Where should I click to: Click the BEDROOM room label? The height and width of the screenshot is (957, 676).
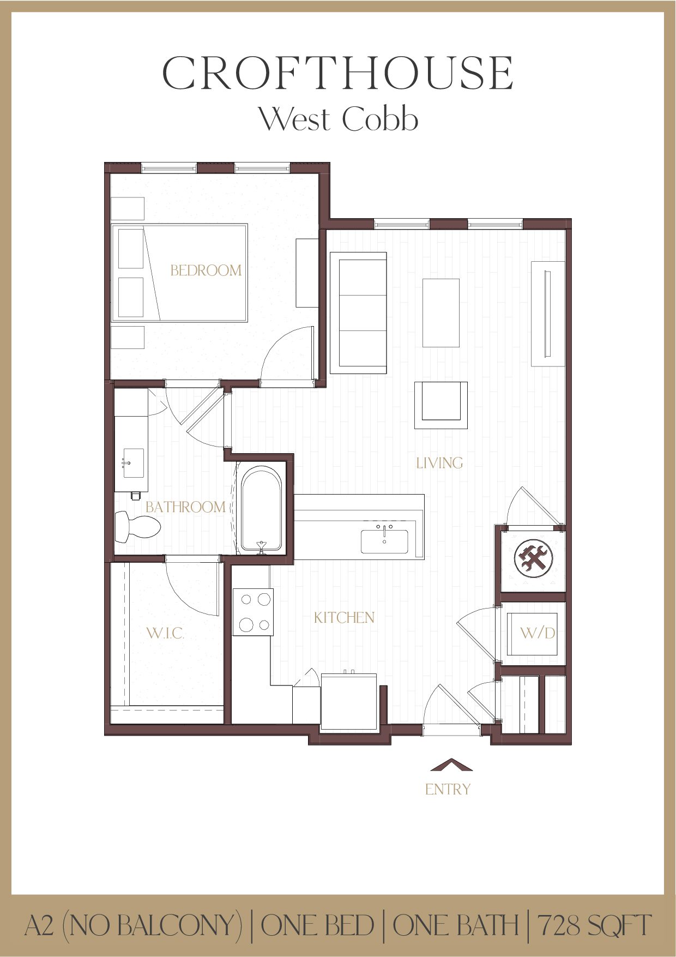point(206,270)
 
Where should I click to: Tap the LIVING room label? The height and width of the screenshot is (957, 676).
point(439,463)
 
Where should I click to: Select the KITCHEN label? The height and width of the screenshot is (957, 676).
point(344,618)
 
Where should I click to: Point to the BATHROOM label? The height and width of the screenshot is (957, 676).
point(185,507)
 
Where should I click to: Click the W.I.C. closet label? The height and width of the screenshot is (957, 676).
point(165,634)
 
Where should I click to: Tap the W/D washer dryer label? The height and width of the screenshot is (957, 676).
point(538,633)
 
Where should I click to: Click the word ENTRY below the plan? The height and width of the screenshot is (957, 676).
point(448,789)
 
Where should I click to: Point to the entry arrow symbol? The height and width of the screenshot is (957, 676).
point(451,765)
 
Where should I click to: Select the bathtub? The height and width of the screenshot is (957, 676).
point(262,508)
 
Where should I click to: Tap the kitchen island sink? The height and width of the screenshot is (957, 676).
point(384,541)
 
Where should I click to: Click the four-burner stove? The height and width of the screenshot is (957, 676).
point(253,612)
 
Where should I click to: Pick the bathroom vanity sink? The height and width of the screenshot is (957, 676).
point(132,463)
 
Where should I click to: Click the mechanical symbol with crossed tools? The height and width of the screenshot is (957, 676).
point(533,558)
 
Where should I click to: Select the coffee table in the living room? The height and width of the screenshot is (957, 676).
point(440,312)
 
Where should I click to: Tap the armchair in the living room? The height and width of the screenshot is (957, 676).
point(440,405)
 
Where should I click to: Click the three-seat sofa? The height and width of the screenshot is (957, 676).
point(358,312)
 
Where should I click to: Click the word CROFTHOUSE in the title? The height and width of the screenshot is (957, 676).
point(338,74)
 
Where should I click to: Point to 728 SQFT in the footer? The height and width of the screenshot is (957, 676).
point(594,925)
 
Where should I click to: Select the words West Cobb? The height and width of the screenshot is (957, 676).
point(338,119)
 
